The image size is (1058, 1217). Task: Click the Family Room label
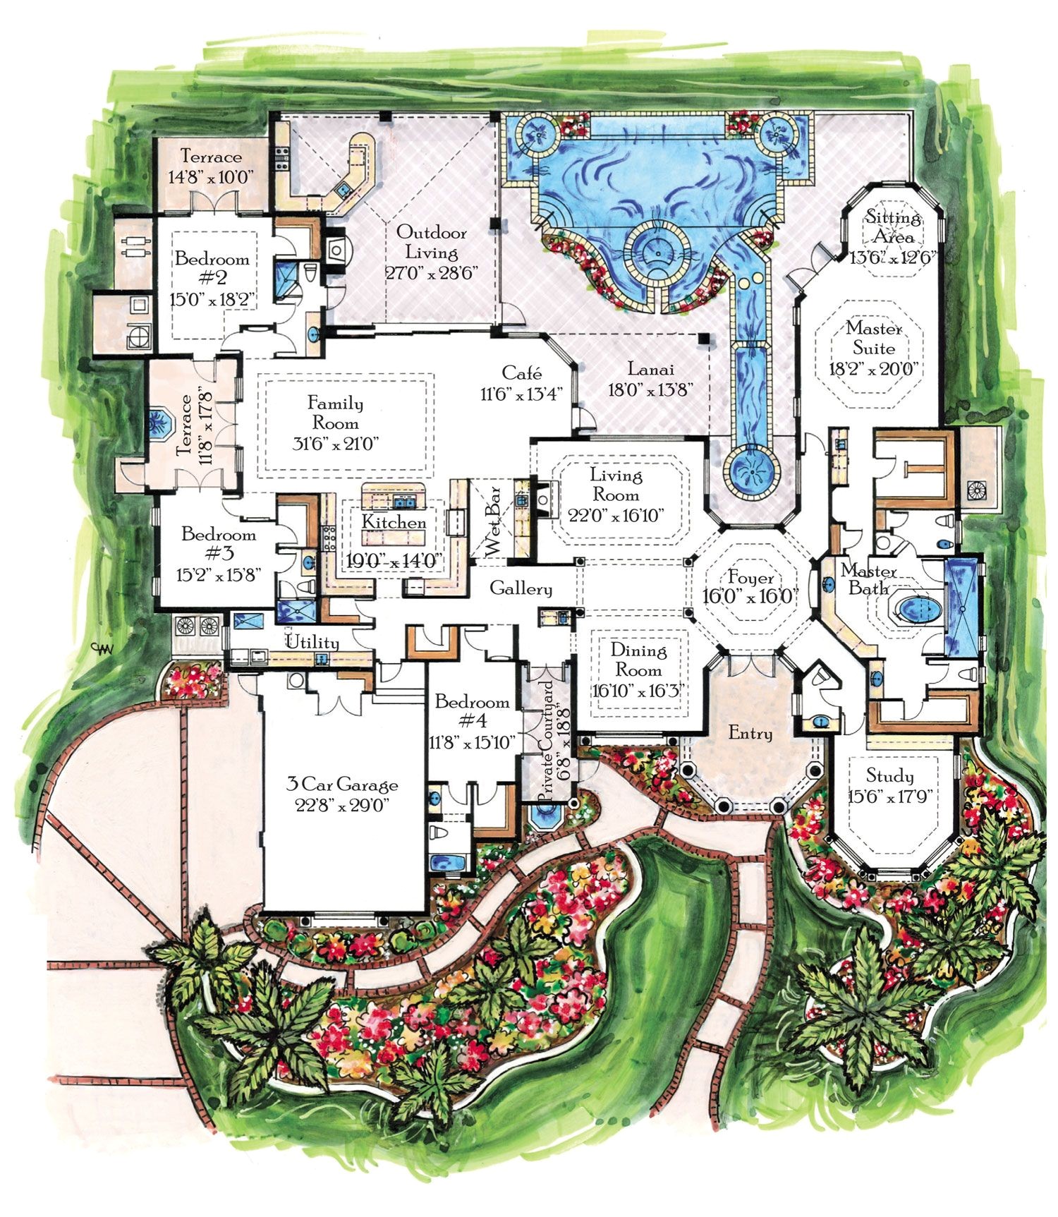pyautogui.click(x=336, y=413)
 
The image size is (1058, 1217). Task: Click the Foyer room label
pyautogui.click(x=751, y=579)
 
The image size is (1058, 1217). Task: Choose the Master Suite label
pyautogui.click(x=875, y=338)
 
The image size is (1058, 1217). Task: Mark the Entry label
pyautogui.click(x=750, y=734)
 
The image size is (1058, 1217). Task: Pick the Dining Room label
pyautogui.click(x=638, y=660)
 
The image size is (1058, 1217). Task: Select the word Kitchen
pyautogui.click(x=394, y=522)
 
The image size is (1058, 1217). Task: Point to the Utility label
pyautogui.click(x=312, y=642)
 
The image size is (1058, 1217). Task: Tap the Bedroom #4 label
pyautogui.click(x=472, y=711)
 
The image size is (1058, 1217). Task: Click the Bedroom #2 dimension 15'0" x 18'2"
pyautogui.click(x=212, y=298)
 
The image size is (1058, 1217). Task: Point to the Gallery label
pyautogui.click(x=521, y=588)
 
